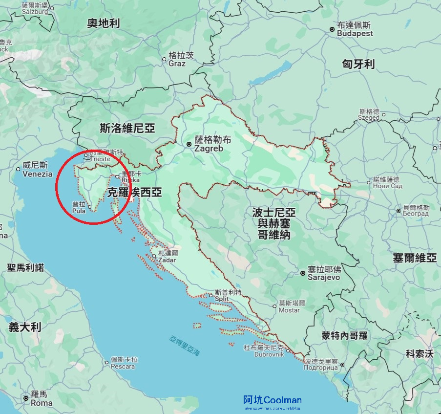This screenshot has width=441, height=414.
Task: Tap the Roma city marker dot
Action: pyautogui.click(x=25, y=398)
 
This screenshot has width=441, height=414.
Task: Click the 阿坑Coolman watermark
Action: pyautogui.click(x=272, y=401)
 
